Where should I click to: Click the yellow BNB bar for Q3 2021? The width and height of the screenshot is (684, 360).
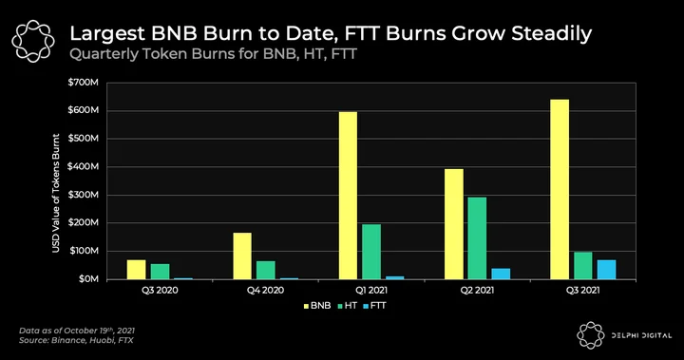560,189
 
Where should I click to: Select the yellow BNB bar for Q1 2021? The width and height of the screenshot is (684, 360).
348,196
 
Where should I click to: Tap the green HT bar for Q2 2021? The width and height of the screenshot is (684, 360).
477,238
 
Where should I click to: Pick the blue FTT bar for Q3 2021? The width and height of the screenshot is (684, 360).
607,270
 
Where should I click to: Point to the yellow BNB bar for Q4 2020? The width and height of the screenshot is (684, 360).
242,256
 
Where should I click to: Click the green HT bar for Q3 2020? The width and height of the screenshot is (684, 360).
161,272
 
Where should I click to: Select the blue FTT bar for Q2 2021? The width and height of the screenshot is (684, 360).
501,274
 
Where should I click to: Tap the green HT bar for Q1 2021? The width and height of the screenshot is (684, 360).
371,252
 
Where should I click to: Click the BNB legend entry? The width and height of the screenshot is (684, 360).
317,306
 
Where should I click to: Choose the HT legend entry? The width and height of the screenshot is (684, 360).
348,306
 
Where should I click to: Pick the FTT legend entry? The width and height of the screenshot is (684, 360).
374,306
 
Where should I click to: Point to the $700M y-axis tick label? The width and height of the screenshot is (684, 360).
83,83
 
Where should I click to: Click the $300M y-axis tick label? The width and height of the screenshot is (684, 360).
83,195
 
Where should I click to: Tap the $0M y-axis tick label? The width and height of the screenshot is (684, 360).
88,279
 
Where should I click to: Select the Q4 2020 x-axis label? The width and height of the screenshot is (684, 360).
266,290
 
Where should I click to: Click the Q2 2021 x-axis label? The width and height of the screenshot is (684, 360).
477,290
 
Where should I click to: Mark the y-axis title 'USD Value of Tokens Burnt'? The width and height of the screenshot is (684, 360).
56,193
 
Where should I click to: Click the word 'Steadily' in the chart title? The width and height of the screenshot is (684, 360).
551,34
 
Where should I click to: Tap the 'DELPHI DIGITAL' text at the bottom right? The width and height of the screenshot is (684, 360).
641,335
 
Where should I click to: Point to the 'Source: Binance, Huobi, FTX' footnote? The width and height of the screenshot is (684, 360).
76,340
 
